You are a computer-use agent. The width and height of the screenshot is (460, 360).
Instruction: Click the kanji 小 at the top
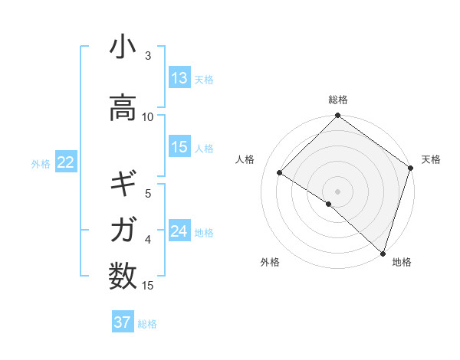(x=123, y=47)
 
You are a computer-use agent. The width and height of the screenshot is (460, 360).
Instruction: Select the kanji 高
(x=123, y=107)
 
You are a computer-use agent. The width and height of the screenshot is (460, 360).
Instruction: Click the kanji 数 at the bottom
(x=123, y=274)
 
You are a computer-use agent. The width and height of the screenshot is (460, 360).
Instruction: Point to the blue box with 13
(x=179, y=77)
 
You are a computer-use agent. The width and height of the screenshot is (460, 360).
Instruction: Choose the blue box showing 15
(x=179, y=147)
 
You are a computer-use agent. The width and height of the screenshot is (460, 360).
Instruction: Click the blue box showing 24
(x=179, y=231)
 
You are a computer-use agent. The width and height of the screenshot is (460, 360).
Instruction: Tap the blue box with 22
(x=65, y=162)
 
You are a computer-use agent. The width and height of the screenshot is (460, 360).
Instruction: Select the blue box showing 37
(x=123, y=322)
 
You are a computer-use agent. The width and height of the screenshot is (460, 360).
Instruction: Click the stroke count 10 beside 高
(x=148, y=117)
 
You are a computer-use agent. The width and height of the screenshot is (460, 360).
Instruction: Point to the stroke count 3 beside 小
(x=148, y=56)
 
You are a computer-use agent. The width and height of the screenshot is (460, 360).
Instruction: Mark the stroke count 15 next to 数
(x=148, y=286)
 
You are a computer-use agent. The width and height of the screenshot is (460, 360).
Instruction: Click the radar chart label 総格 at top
(x=338, y=100)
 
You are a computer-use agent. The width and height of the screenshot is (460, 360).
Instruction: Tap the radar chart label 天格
(x=431, y=159)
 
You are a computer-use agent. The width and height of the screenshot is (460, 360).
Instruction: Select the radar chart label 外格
(x=270, y=262)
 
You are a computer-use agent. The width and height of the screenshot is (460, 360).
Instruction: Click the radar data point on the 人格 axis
(x=280, y=173)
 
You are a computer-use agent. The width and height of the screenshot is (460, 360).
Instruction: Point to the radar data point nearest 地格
(x=383, y=253)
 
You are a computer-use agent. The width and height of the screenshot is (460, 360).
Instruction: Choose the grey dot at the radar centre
(x=337, y=191)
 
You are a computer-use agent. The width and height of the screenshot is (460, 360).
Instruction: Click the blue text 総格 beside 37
(x=147, y=324)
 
